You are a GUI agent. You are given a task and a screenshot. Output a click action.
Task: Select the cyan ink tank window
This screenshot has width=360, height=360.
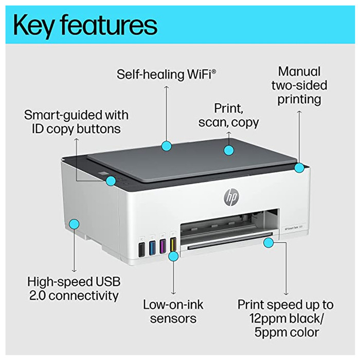point(152,247)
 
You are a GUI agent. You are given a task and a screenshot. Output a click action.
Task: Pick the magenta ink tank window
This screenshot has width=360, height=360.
point(163,246)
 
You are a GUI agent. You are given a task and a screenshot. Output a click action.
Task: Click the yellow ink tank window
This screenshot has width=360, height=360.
point(173,245)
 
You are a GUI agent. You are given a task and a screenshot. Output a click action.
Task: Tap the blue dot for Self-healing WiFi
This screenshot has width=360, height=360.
point(166,147)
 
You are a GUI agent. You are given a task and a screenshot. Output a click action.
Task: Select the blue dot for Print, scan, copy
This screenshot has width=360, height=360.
point(229,150)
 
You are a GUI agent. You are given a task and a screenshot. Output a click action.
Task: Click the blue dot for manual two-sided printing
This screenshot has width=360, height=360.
point(299,167)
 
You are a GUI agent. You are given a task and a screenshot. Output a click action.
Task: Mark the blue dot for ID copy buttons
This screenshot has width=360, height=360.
point(111,181)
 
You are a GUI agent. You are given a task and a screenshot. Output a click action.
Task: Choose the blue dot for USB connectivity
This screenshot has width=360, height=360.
point(74,224)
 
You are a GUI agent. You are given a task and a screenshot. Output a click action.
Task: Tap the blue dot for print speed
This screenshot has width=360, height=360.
point(267,240)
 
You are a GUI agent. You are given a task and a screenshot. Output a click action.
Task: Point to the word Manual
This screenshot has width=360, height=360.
point(299,71)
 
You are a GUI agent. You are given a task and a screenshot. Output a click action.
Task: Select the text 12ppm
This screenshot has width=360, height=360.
point(264,319)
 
